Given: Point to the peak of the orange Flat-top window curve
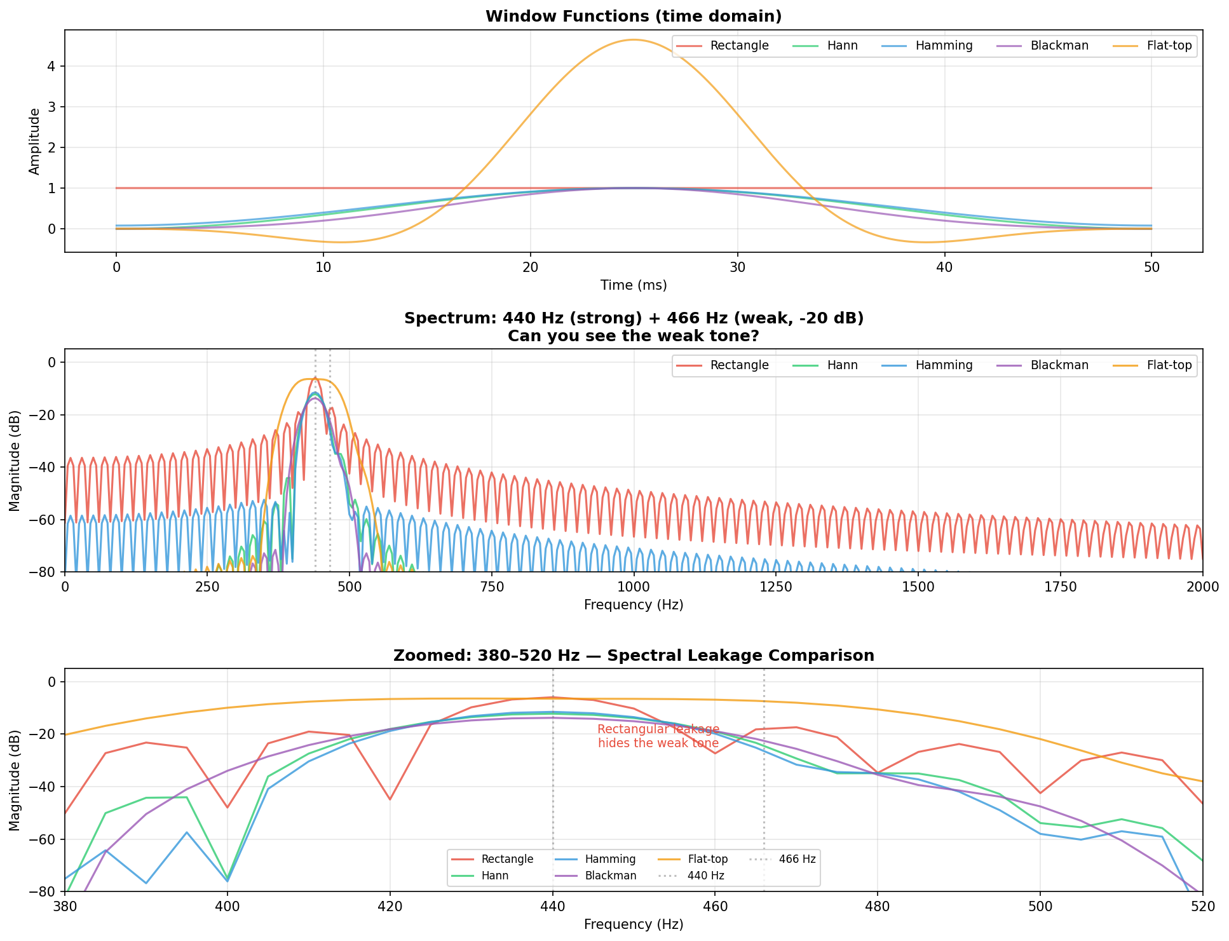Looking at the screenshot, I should point(634,40).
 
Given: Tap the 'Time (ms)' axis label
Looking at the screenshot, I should point(633,286).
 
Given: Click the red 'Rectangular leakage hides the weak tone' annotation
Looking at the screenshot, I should point(658,736).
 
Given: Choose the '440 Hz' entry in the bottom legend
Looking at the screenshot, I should point(706,876).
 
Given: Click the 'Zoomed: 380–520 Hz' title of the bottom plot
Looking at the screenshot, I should point(633,656).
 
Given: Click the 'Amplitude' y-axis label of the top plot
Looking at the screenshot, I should point(34,141).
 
